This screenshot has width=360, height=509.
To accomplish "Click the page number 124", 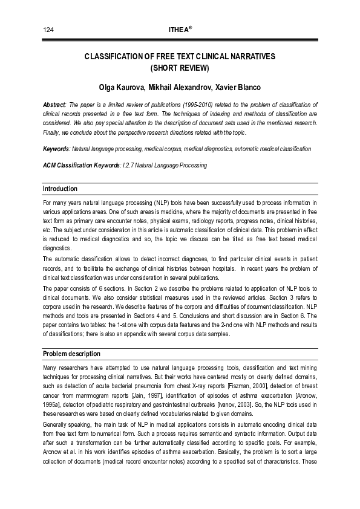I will click(x=48, y=30).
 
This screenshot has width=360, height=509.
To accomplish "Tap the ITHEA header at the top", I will click(x=179, y=30).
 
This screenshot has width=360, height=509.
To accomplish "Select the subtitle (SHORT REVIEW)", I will click(x=179, y=67).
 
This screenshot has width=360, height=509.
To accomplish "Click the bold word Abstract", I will click(x=55, y=105).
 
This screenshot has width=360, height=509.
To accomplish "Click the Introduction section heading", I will click(x=60, y=189).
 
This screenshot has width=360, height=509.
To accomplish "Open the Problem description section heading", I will click(x=71, y=353).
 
